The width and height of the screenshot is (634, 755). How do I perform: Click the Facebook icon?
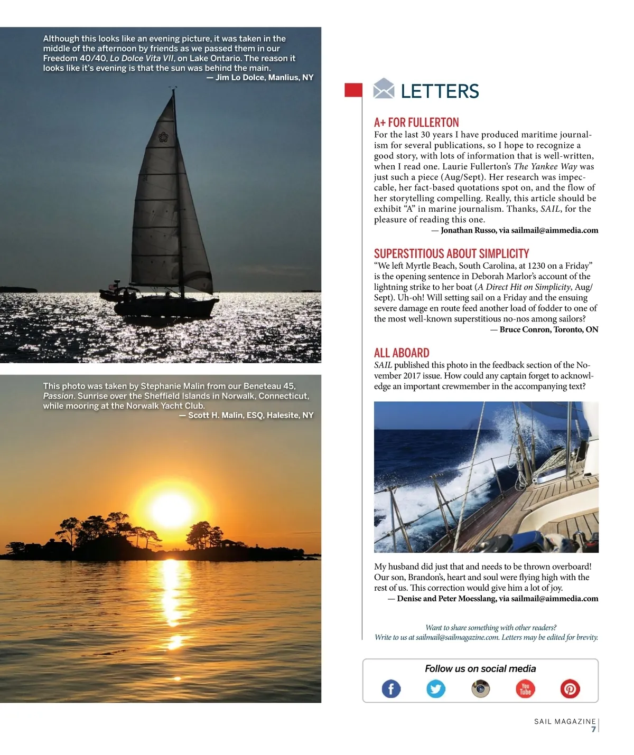coord(391,689)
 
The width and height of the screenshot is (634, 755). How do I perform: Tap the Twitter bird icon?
coord(436,689)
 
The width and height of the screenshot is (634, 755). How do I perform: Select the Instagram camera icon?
coord(480,688)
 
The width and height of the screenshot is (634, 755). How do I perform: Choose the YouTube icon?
coord(525,689)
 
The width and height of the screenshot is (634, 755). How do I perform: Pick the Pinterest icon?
coord(570,689)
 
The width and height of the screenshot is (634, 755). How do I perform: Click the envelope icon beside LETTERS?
coord(384,89)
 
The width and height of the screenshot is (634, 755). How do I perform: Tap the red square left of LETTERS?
coord(353,90)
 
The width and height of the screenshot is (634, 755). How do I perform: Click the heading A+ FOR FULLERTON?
coord(416,122)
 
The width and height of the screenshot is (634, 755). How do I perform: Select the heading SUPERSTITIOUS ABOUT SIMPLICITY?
coord(451,253)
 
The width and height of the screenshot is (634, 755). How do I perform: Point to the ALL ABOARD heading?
coord(402,353)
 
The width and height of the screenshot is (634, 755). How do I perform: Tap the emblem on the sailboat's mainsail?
coord(163,137)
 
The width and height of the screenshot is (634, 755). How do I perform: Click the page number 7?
coord(593,730)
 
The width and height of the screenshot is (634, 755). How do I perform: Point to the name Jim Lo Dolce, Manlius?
coord(264,78)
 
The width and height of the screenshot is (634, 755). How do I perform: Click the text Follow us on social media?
coord(480,669)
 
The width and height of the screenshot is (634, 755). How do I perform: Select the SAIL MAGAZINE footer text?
coord(564,721)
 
